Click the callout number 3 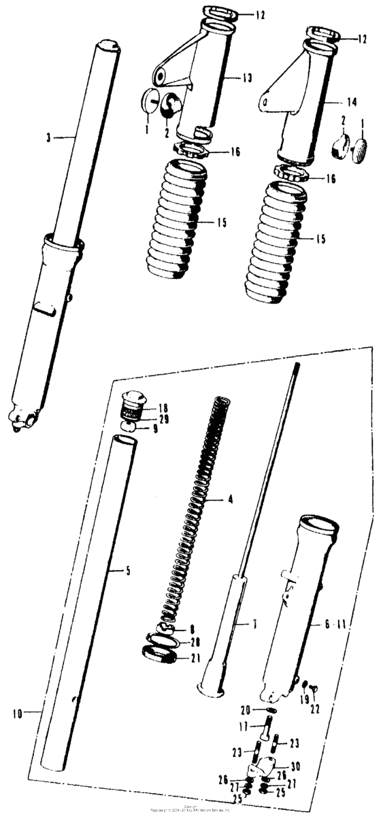[48, 138]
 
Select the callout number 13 [247, 79]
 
